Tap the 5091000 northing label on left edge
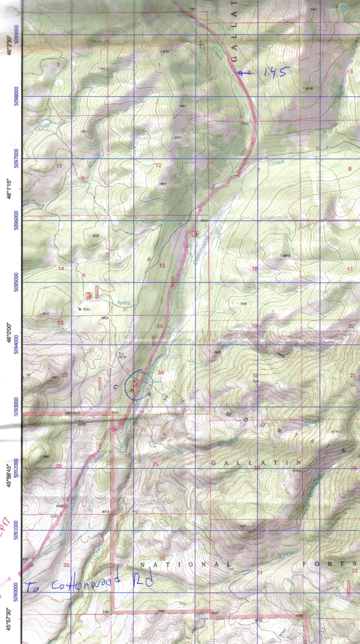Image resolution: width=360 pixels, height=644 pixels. click(x=15, y=530)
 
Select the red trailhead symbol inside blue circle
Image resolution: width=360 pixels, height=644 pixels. click(x=135, y=384)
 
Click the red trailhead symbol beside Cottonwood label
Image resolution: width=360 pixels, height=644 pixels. click(x=195, y=233)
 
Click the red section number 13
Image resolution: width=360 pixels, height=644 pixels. click(x=162, y=266)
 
